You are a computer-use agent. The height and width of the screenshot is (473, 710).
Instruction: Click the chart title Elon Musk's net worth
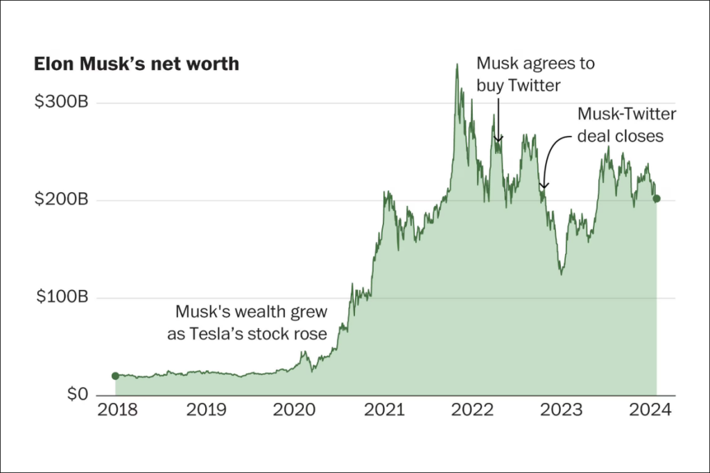click(137, 64)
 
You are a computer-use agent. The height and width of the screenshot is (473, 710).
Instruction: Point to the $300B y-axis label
click(62, 103)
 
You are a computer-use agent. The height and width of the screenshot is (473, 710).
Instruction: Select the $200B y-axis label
click(62, 200)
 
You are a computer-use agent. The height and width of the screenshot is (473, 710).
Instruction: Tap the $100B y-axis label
click(62, 298)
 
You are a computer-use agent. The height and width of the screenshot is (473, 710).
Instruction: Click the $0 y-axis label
click(77, 395)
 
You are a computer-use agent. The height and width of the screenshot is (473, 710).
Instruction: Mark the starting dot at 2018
click(115, 376)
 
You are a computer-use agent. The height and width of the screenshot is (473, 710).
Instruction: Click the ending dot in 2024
click(657, 198)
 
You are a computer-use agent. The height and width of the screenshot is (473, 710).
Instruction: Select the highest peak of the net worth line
click(456, 64)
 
